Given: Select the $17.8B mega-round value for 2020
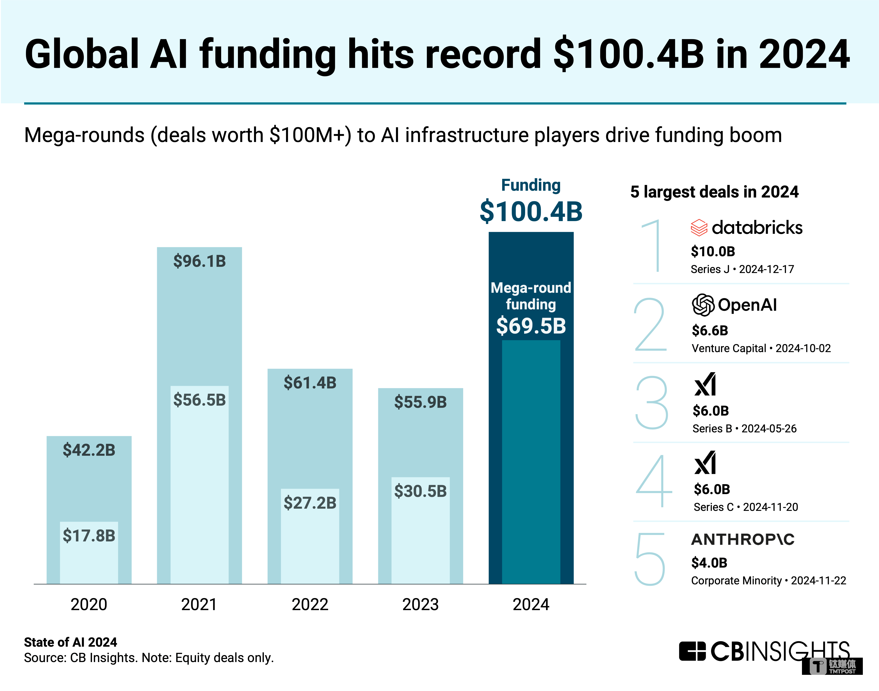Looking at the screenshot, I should [89, 536].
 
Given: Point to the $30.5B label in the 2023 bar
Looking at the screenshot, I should [421, 491].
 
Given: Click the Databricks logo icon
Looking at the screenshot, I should [699, 228].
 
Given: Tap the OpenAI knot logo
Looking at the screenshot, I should [703, 305].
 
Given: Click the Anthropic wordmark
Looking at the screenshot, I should [743, 539].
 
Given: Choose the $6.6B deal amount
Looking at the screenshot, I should [710, 331].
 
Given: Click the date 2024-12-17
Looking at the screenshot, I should [766, 269].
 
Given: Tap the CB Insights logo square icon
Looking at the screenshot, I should [692, 651].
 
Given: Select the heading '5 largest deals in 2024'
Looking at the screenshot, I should [714, 192].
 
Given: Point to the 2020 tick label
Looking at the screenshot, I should [89, 604].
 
